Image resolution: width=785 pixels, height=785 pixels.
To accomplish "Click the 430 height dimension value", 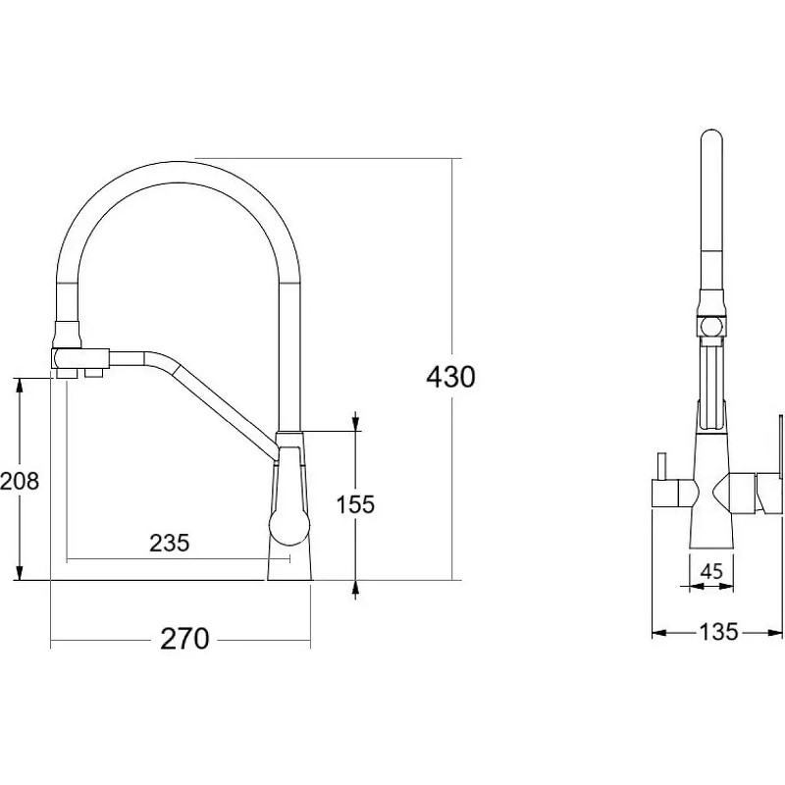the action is pos(450,377).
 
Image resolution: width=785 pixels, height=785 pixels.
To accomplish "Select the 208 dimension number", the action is pos(20,481).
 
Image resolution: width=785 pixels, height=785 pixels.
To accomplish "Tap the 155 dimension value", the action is pos(355,504).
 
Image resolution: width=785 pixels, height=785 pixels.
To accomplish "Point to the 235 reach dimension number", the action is pos(170,543).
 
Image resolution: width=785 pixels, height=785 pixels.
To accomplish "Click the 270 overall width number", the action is pos(184,639).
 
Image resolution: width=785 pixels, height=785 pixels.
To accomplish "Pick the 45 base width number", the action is pos(711,571).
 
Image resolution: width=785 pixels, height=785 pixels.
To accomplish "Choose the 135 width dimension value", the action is pos(718,632).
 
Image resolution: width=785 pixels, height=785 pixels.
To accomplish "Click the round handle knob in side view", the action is pos(288,526).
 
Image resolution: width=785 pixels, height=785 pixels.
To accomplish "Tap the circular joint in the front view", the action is pos(711,328).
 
